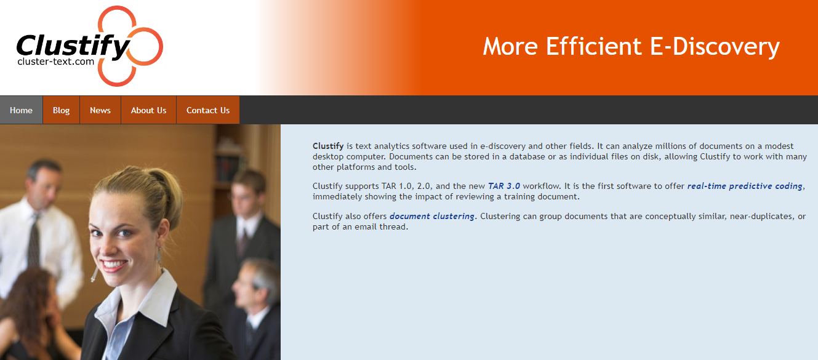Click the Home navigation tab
tap(21, 110)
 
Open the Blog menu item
tap(61, 110)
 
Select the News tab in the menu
tap(100, 110)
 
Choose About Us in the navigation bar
tap(148, 110)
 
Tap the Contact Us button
tap(208, 110)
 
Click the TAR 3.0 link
tap(504, 186)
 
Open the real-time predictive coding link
tap(745, 186)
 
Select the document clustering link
tap(431, 216)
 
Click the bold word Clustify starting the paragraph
tap(328, 146)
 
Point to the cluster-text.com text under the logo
tap(55, 62)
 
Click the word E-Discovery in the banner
tap(715, 47)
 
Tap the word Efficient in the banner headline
tap(594, 46)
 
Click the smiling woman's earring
tap(159, 257)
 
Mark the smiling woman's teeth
tap(114, 264)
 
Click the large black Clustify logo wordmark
tap(73, 47)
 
